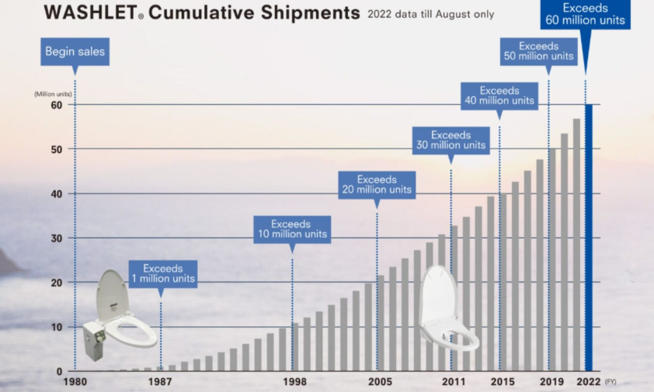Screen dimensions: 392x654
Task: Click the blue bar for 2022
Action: point(588,237)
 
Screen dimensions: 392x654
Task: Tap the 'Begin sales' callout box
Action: point(75,52)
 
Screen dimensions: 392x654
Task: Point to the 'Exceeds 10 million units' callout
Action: point(291,229)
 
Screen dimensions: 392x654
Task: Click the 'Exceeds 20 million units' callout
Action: point(377,185)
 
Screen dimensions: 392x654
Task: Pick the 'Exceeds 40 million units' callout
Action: point(499,95)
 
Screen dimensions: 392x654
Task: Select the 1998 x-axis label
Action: point(294,381)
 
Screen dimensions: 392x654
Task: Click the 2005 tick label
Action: point(379,381)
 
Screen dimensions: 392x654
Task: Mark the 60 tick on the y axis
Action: point(57,104)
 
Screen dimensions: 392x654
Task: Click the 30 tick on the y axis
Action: point(57,238)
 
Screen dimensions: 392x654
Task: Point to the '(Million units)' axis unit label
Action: point(52,93)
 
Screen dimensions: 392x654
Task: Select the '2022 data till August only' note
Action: point(430,15)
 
